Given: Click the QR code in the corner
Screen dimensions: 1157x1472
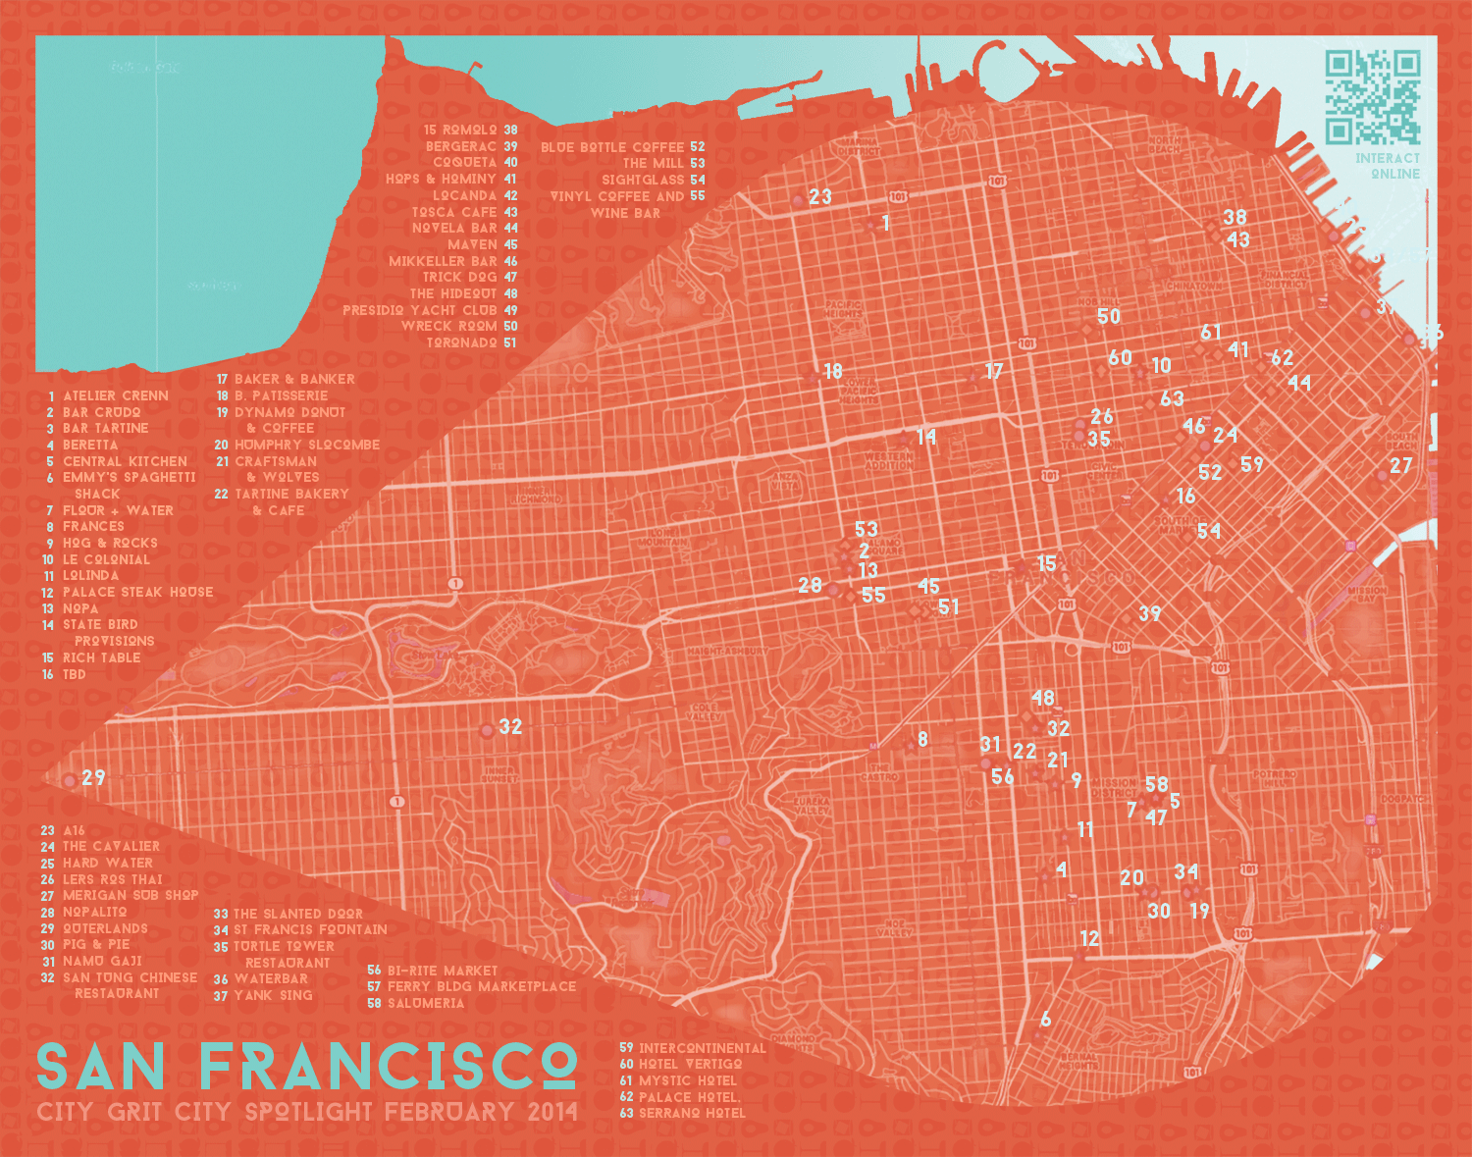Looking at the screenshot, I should tap(1373, 97).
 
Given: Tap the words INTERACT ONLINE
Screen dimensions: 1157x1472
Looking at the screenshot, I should tap(1388, 166).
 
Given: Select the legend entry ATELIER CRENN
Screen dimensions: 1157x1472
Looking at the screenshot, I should tap(115, 395).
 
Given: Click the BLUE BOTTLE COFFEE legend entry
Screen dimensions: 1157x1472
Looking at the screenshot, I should tap(612, 147).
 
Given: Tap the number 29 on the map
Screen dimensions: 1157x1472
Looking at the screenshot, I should tap(93, 778).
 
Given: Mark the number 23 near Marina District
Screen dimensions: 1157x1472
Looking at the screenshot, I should tap(820, 197).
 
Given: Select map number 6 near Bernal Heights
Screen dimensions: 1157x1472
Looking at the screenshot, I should tap(1046, 1020).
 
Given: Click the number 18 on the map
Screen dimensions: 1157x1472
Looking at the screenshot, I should tap(833, 372).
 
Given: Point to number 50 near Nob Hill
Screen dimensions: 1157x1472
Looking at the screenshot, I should tap(1109, 317).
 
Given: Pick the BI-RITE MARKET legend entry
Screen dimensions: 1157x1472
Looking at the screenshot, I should tap(442, 971).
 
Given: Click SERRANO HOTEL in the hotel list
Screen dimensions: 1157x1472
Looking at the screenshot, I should tap(692, 1113).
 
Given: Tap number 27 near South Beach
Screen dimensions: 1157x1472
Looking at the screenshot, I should tap(1401, 466).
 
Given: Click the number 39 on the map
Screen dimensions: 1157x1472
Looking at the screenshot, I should tap(1150, 614).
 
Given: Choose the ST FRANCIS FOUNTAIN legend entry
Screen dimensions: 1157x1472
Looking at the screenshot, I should tap(309, 929).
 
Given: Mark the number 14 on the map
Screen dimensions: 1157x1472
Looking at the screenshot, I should tap(926, 437).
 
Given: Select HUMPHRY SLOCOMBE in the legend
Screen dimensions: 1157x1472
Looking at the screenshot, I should tap(306, 445).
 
